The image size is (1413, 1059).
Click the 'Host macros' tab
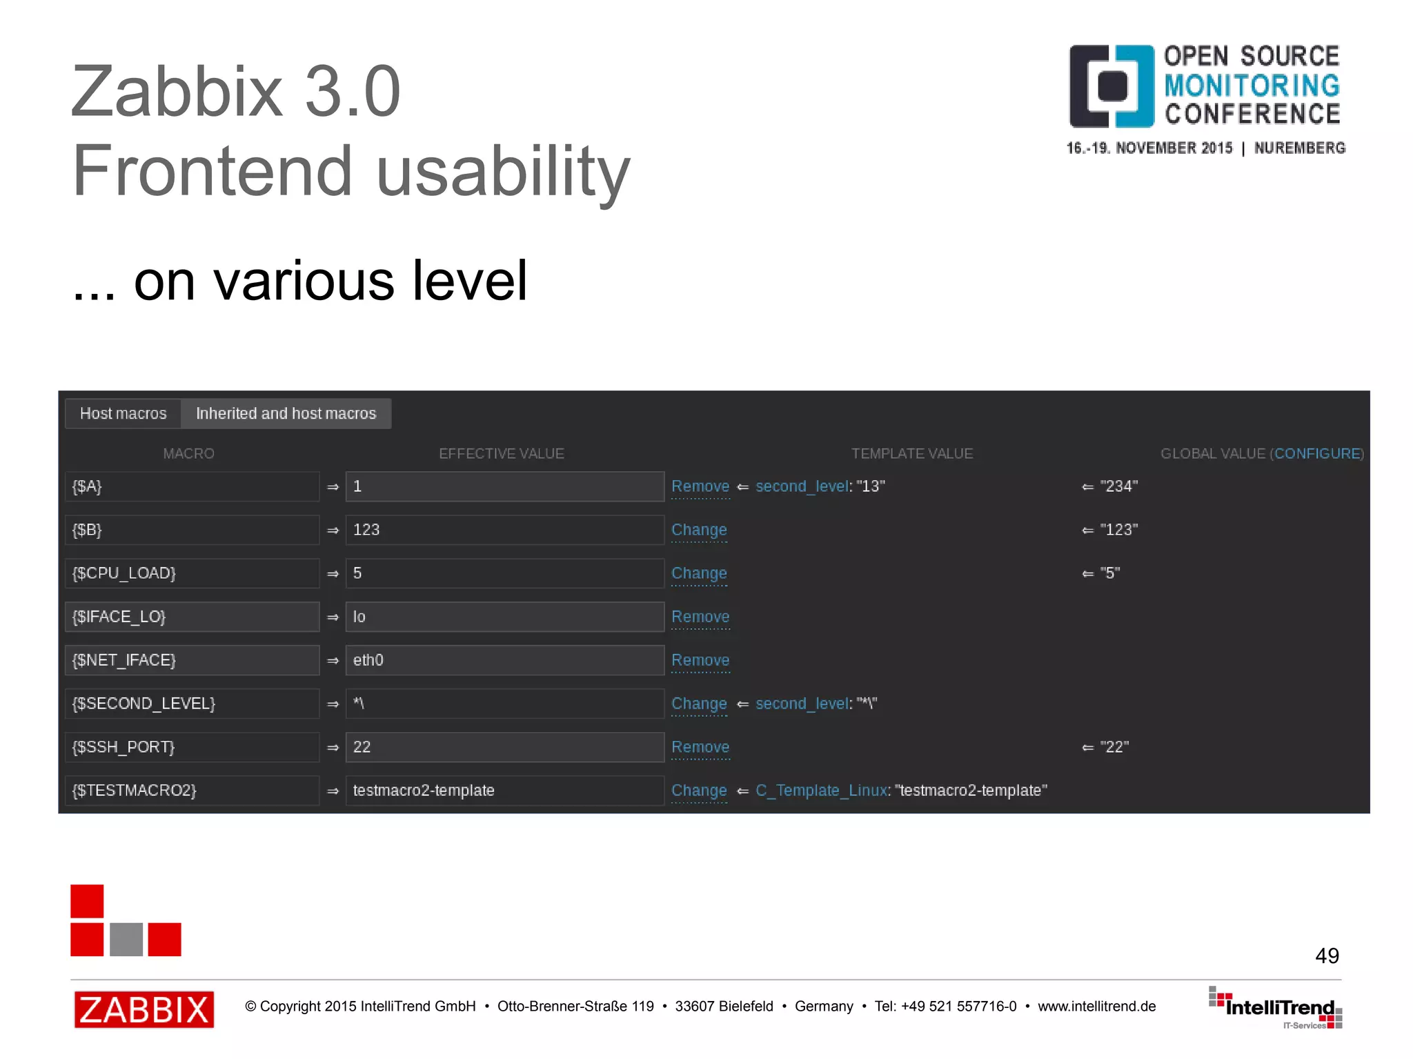click(x=123, y=413)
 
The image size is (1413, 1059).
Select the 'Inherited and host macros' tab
click(x=286, y=413)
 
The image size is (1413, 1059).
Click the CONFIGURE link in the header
click(x=1317, y=453)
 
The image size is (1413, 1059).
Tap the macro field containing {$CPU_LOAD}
click(x=192, y=573)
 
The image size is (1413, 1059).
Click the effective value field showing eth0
click(x=504, y=660)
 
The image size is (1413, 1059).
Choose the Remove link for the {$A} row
click(x=700, y=486)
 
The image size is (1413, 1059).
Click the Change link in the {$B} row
click(x=699, y=530)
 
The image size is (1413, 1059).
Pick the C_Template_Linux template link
click(x=821, y=791)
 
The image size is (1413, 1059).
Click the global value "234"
click(x=1118, y=486)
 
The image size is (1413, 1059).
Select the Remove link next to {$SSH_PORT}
click(x=700, y=747)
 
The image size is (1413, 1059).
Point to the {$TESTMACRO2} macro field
click(x=192, y=791)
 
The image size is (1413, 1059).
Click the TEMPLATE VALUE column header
click(x=911, y=453)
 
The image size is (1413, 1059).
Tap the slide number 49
click(x=1326, y=956)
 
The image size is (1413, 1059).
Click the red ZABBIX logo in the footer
click(x=144, y=1009)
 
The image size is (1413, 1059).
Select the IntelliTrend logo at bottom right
click(x=1276, y=1008)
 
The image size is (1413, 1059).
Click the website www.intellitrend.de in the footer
click(x=1096, y=1007)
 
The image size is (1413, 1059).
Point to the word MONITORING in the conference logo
click(x=1252, y=86)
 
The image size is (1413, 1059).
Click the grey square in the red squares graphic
click(x=126, y=939)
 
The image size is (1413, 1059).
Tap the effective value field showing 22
click(x=504, y=747)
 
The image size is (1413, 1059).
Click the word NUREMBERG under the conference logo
click(x=1299, y=148)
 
